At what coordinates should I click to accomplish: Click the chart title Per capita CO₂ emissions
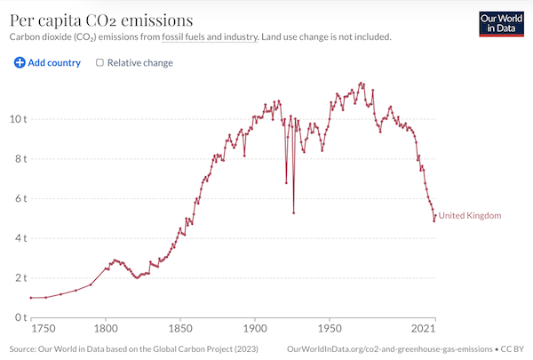click(101, 19)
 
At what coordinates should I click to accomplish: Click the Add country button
click(47, 63)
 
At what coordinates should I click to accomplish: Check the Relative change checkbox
click(99, 63)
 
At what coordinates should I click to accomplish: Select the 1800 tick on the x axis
click(106, 327)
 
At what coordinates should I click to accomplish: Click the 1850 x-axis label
click(180, 327)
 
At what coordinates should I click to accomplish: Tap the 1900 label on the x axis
click(255, 327)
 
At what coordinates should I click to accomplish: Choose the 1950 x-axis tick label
click(330, 327)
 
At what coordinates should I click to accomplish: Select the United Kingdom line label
click(470, 216)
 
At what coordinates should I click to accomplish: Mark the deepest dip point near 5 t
click(293, 212)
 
